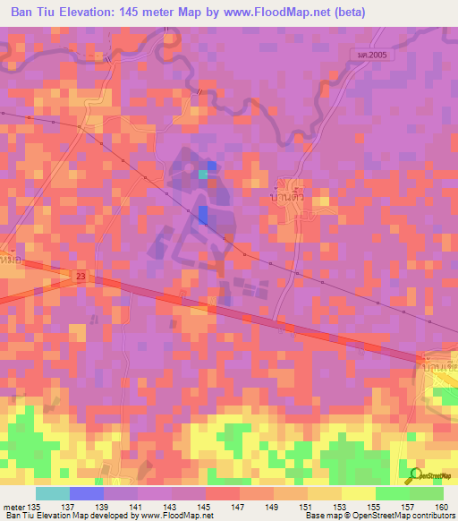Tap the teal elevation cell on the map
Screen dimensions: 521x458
tap(202, 175)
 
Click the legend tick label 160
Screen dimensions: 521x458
tap(440, 506)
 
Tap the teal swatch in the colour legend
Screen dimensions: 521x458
tap(53, 493)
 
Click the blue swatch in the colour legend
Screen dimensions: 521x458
tap(87, 493)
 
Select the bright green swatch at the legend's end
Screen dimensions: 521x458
tap(426, 493)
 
